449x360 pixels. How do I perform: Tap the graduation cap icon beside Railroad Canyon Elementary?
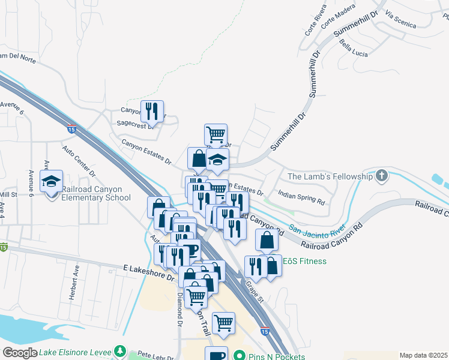pyautogui.click(x=52, y=181)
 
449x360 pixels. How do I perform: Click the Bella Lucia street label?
pyautogui.click(x=352, y=46)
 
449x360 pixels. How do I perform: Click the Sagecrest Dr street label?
pyautogui.click(x=136, y=123)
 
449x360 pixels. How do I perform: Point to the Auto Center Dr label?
pyautogui.click(x=79, y=161)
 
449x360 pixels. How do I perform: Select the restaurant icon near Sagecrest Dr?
pyautogui.click(x=152, y=111)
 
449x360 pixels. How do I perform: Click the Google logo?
pyautogui.click(x=20, y=353)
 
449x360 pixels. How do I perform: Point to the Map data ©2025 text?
pyautogui.click(x=423, y=355)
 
